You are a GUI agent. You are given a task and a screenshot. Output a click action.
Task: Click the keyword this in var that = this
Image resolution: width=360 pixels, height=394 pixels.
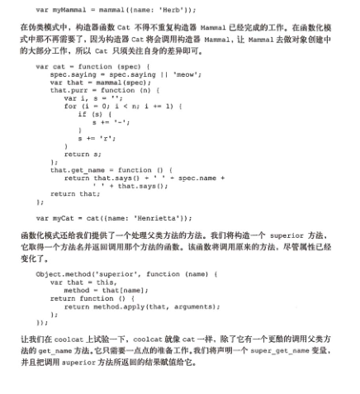106,282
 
